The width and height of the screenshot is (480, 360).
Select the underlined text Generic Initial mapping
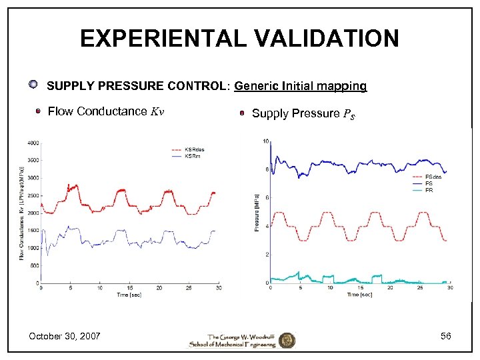tap(301, 86)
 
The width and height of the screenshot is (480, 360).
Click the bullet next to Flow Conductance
tap(39, 111)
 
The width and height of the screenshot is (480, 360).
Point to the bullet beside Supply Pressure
tap(244, 113)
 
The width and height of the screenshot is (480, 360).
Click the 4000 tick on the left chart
tap(33, 143)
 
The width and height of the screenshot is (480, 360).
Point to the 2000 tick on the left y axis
tap(33, 213)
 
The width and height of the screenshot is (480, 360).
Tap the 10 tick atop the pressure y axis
tap(266, 141)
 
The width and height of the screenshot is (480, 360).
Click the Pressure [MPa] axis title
tap(257, 213)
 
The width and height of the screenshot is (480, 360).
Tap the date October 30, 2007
tap(65, 336)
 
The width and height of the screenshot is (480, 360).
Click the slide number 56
tap(445, 336)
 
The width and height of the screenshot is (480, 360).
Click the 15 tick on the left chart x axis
tap(130, 289)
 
